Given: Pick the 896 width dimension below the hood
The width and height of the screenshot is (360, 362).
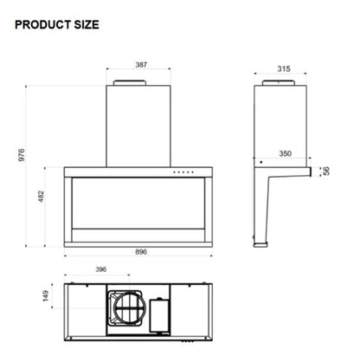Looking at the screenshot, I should tap(141, 252).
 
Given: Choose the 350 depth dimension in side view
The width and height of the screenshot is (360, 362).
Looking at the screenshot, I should tap(285, 154).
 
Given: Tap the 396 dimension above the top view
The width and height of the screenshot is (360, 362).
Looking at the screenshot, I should tap(100, 270).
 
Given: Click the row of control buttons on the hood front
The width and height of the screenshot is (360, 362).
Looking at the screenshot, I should tap(183, 171).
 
